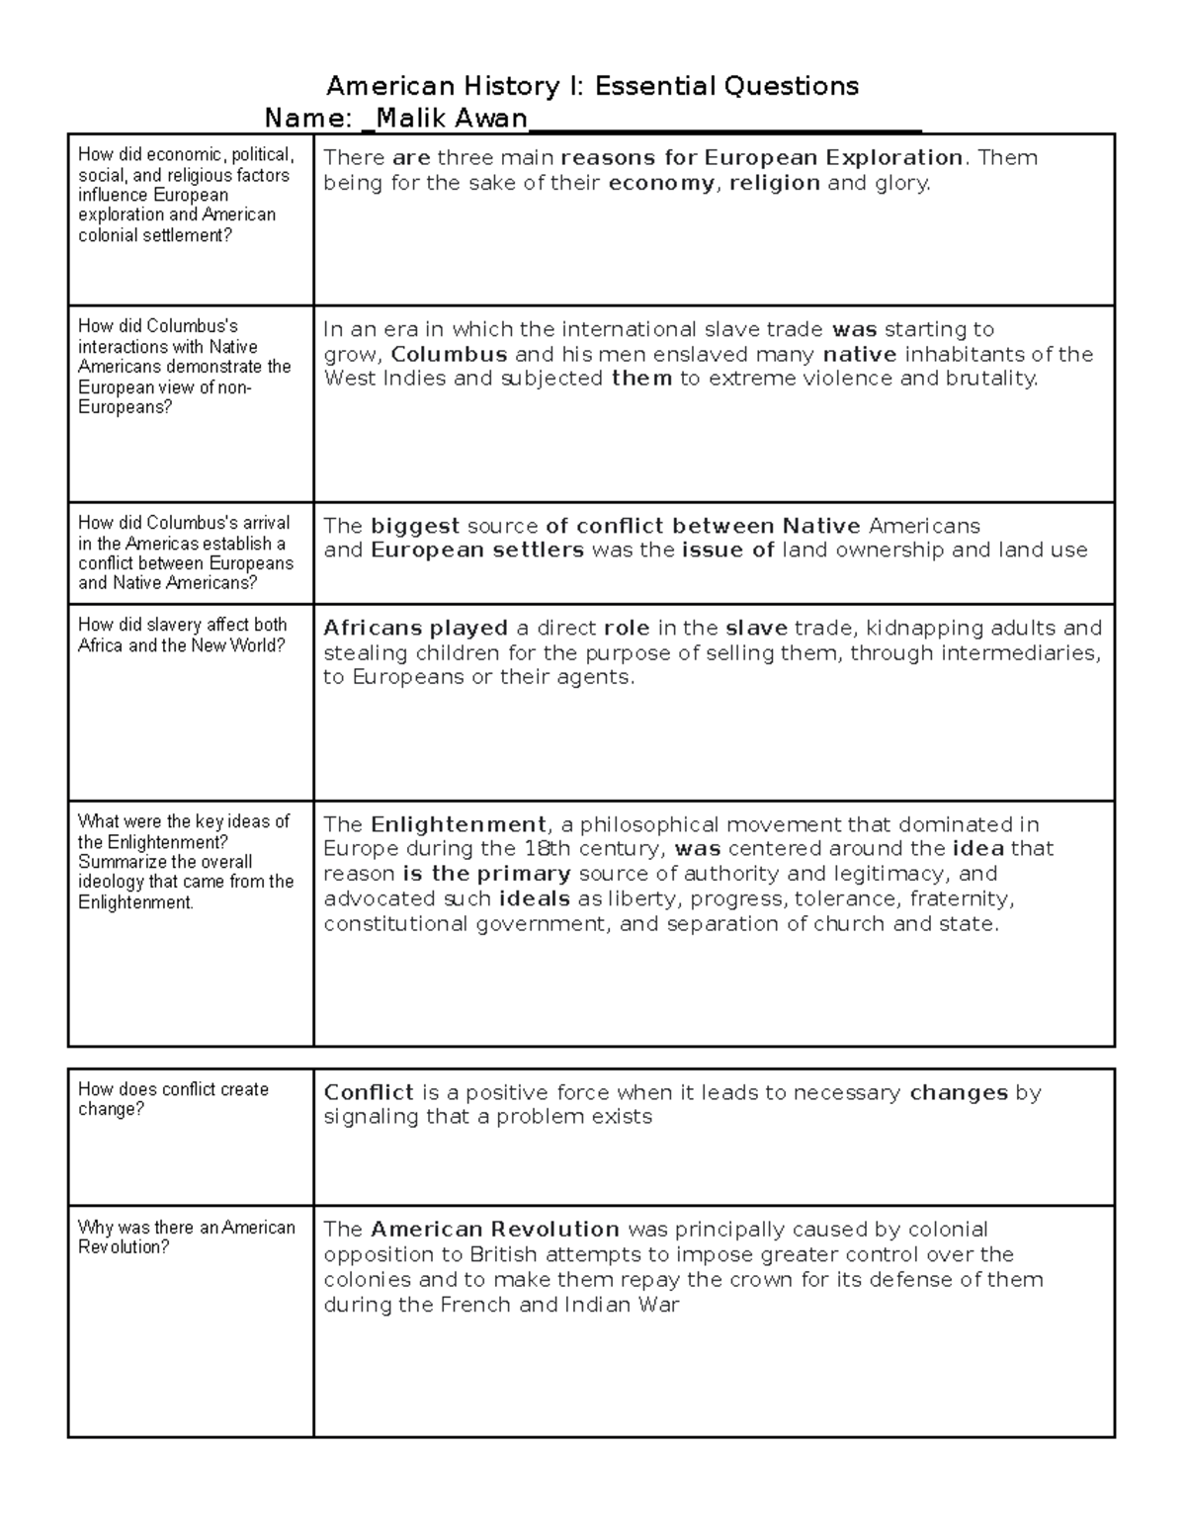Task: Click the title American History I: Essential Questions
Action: click(x=592, y=86)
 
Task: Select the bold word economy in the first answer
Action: click(x=661, y=183)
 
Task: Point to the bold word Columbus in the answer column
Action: click(x=450, y=354)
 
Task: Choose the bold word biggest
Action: click(x=415, y=526)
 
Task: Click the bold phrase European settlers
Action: click(x=477, y=551)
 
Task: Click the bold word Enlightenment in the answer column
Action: click(x=459, y=824)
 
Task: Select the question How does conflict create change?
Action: click(x=174, y=1099)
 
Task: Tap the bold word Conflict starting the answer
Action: click(x=369, y=1092)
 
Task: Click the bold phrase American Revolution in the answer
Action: click(x=495, y=1230)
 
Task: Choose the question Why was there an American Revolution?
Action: click(x=187, y=1237)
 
